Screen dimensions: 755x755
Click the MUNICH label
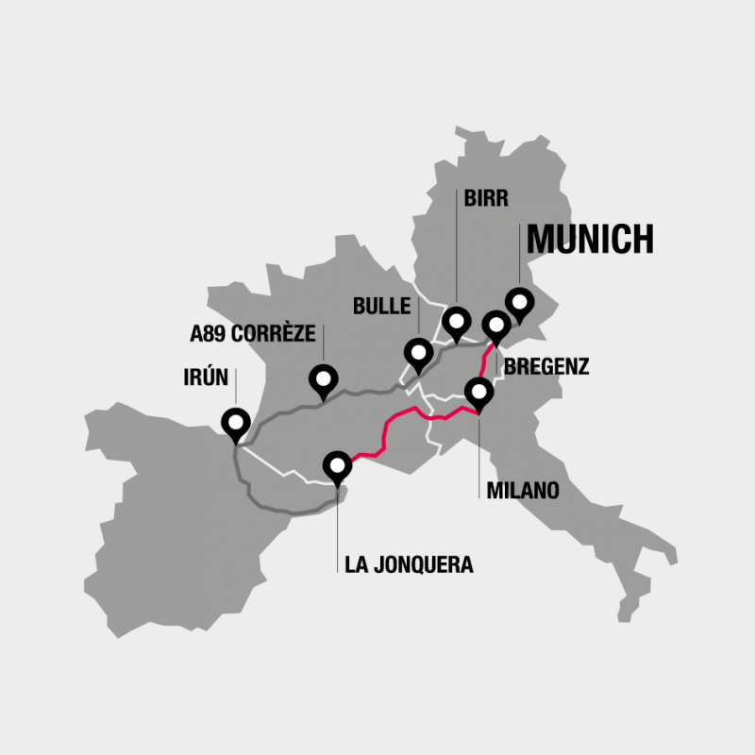click(x=590, y=240)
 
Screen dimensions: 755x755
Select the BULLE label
click(x=381, y=306)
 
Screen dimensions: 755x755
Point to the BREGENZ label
click(x=546, y=367)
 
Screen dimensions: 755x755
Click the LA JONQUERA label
click(x=409, y=565)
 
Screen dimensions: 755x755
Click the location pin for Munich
click(x=519, y=303)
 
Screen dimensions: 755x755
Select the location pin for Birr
click(x=457, y=323)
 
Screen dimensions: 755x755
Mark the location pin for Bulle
click(x=417, y=353)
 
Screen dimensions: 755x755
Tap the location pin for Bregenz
click(x=495, y=326)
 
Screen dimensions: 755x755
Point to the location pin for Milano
click(x=478, y=392)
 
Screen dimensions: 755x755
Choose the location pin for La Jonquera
click(x=337, y=465)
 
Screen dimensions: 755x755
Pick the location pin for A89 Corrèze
click(x=324, y=379)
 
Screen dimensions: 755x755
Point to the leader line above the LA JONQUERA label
click(x=337, y=519)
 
